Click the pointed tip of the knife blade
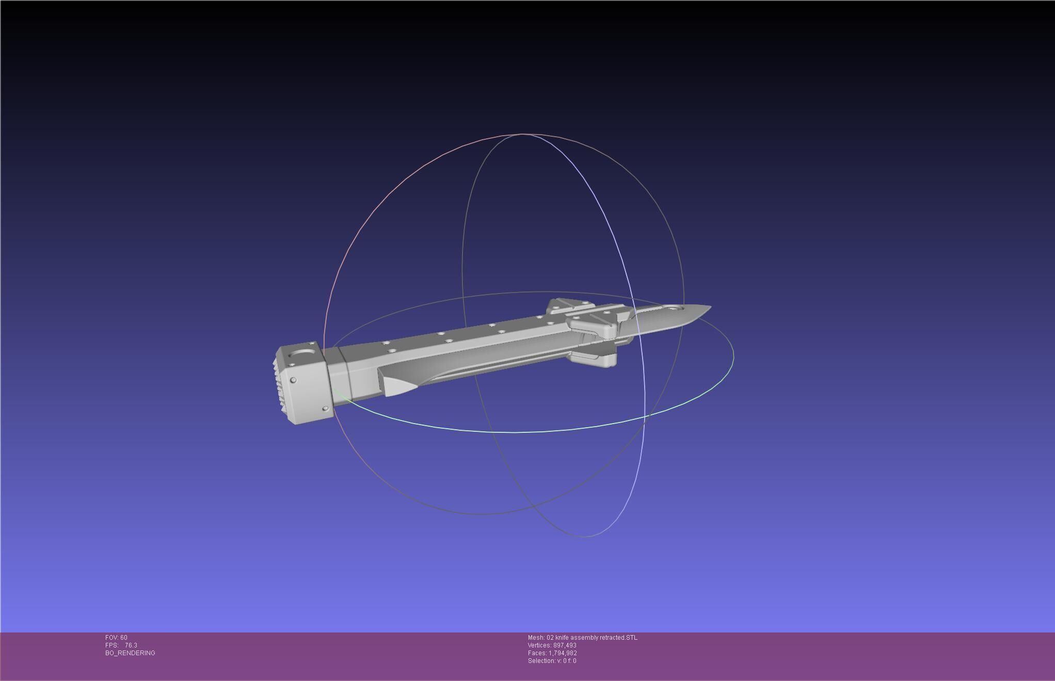pos(710,307)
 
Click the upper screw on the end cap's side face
pos(293,380)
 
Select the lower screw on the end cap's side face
pos(325,409)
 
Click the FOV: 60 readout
pos(116,638)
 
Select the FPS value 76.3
pos(131,645)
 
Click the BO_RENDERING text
pos(130,653)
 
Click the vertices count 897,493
pos(565,645)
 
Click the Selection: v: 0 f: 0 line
pos(552,661)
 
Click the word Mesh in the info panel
pos(536,638)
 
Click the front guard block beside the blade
pos(594,325)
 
